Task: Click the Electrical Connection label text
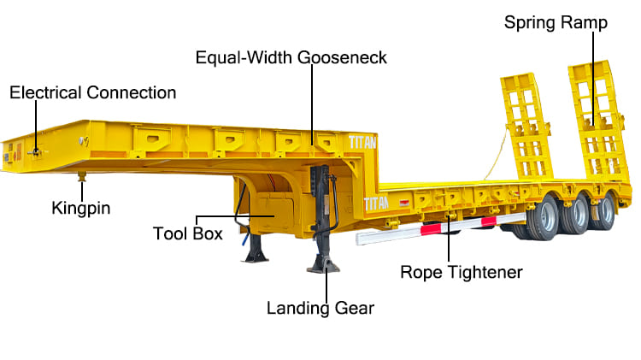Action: (92, 92)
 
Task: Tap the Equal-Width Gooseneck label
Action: (291, 58)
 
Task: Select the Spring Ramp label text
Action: (556, 22)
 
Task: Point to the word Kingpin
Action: (82, 207)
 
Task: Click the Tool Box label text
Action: (187, 233)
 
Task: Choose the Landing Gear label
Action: (320, 307)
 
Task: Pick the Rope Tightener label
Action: (461, 273)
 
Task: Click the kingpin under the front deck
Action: (82, 176)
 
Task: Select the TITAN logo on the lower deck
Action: (376, 204)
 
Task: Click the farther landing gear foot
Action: (256, 256)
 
